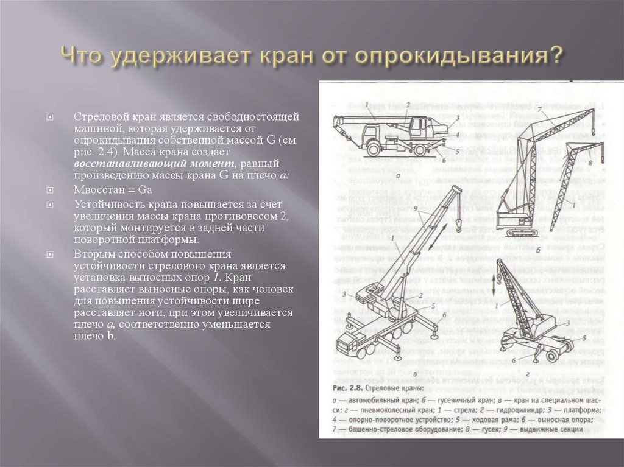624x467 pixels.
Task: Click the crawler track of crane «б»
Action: [517, 233]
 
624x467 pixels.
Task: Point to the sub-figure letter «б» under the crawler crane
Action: [522, 250]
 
